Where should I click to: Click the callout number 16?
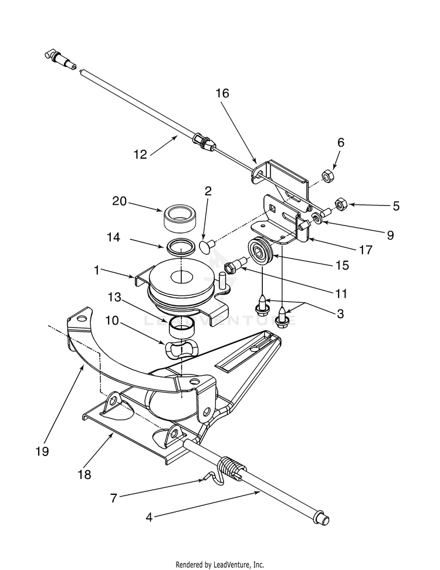pyautogui.click(x=222, y=93)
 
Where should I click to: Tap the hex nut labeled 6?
pyautogui.click(x=326, y=175)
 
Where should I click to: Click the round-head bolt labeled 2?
pyautogui.click(x=206, y=247)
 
